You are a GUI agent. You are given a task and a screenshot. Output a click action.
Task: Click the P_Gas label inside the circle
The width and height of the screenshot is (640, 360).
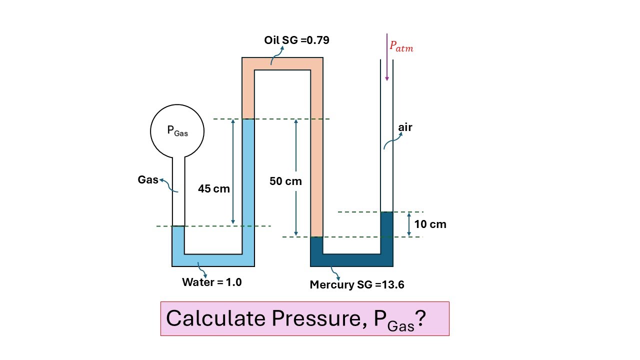pyautogui.click(x=177, y=131)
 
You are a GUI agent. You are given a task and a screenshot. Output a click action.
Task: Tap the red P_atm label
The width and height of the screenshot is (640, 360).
pyautogui.click(x=401, y=46)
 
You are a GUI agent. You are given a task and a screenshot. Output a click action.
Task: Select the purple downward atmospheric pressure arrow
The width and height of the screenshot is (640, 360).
pyautogui.click(x=387, y=57)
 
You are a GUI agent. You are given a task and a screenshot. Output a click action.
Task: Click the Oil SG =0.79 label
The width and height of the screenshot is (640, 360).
pyautogui.click(x=296, y=40)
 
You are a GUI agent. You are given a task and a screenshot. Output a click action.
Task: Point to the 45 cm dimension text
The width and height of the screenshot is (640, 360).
pyautogui.click(x=213, y=188)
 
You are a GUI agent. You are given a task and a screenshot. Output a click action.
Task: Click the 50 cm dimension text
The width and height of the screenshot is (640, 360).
pyautogui.click(x=285, y=181)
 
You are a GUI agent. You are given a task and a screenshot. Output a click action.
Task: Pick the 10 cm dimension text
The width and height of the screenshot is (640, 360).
pyautogui.click(x=430, y=224)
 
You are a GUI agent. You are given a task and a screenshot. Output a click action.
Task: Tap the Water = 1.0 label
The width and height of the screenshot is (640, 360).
pyautogui.click(x=211, y=282)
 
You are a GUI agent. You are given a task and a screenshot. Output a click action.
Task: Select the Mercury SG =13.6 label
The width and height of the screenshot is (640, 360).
pyautogui.click(x=357, y=284)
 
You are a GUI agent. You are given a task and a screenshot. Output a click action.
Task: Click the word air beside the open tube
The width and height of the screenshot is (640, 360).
pyautogui.click(x=405, y=127)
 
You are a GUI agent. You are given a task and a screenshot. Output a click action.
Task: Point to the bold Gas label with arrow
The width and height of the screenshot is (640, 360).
pyautogui.click(x=148, y=179)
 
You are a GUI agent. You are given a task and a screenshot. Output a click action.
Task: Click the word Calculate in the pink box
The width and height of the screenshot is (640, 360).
pyautogui.click(x=215, y=318)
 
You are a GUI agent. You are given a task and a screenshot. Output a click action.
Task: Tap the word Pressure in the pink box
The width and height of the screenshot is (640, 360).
pyautogui.click(x=319, y=318)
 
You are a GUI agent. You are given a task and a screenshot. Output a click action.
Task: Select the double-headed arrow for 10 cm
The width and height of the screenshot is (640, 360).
pyautogui.click(x=409, y=224)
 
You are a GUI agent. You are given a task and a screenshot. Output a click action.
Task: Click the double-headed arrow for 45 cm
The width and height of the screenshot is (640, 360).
pyautogui.click(x=233, y=171)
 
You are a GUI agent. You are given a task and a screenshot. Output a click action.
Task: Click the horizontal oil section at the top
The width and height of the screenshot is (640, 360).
pyautogui.click(x=282, y=63)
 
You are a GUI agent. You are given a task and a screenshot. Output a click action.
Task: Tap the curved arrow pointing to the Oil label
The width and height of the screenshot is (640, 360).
pyautogui.click(x=277, y=55)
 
